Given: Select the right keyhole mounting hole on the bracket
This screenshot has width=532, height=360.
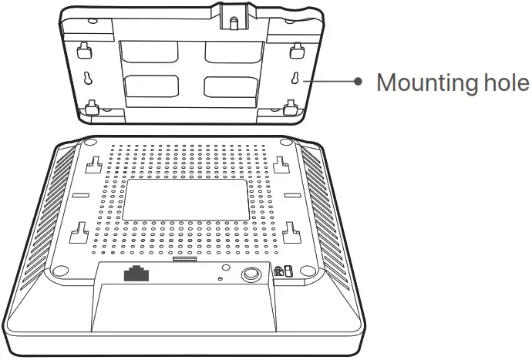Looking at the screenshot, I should pos(295,79).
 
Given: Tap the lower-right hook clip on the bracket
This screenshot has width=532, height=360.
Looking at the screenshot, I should pos(291,106).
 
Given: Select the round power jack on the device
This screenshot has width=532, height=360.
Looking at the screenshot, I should pos(251,275).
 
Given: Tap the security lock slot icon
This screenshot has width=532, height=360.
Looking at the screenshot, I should pos(282,271).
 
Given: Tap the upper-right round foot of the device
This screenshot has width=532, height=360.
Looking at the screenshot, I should pos(286,143).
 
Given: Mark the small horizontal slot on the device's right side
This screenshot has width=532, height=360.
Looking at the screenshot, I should pos(291,197).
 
